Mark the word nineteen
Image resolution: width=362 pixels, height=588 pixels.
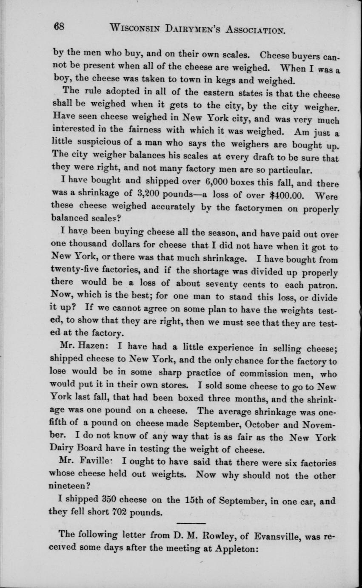pos(72,484)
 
